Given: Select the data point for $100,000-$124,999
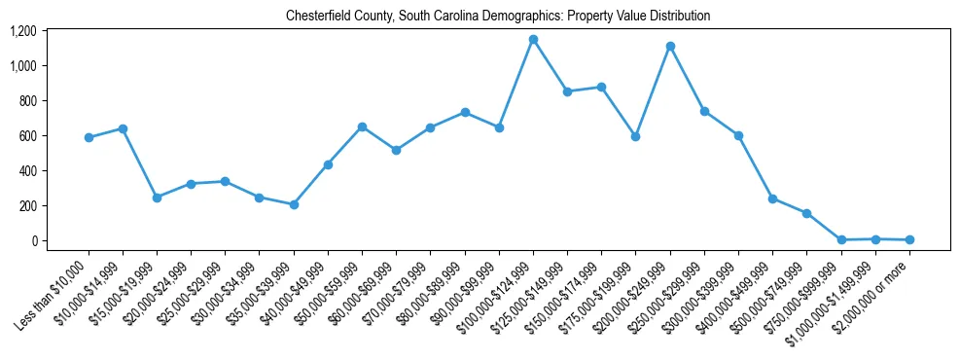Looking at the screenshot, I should [x=533, y=40].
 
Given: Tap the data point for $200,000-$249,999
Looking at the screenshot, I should [x=670, y=47].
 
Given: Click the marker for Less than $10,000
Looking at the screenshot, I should [x=89, y=137].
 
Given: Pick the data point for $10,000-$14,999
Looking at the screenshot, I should [x=123, y=128].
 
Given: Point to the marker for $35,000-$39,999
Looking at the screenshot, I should [x=294, y=204].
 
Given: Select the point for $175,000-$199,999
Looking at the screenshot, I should [x=635, y=137].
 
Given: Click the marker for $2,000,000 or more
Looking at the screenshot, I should [x=909, y=239].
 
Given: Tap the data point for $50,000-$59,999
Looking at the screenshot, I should [x=362, y=126].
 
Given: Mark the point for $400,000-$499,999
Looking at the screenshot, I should [x=772, y=198].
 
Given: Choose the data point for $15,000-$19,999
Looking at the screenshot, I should [x=157, y=198].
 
